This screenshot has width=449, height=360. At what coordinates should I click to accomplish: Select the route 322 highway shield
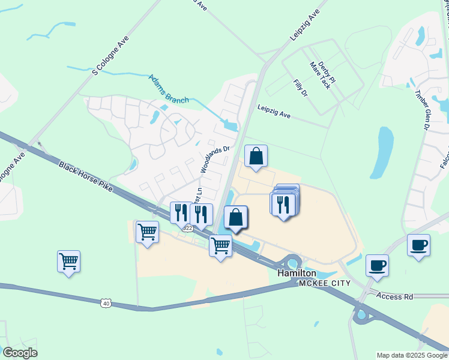point(188,229)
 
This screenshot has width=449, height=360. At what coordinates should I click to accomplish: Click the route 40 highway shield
point(106,304)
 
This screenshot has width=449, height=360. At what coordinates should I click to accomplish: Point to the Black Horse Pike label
point(85,177)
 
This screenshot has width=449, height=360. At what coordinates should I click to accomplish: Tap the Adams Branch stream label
point(169,88)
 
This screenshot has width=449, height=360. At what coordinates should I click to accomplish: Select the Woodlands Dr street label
point(215,160)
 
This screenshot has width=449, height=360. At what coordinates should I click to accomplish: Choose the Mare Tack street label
point(320,74)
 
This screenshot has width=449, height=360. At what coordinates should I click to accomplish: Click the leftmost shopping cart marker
point(69,261)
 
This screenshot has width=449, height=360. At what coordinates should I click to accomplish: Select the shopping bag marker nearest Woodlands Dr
point(256,157)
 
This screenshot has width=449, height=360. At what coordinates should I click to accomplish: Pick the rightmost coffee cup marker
point(418,244)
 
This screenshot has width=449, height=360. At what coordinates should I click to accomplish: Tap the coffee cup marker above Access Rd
point(377,265)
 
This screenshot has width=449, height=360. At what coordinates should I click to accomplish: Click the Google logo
point(20,353)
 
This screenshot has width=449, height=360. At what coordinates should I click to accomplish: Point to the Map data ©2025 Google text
point(411,355)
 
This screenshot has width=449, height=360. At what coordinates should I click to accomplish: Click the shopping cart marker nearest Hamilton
point(221,245)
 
